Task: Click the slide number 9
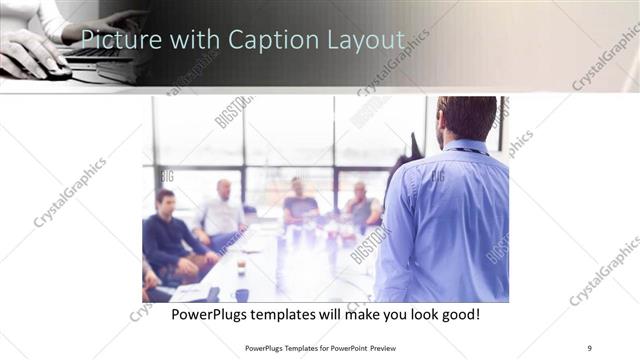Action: [x=589, y=347]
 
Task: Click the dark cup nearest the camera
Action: [x=241, y=294]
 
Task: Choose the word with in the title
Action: [x=190, y=40]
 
